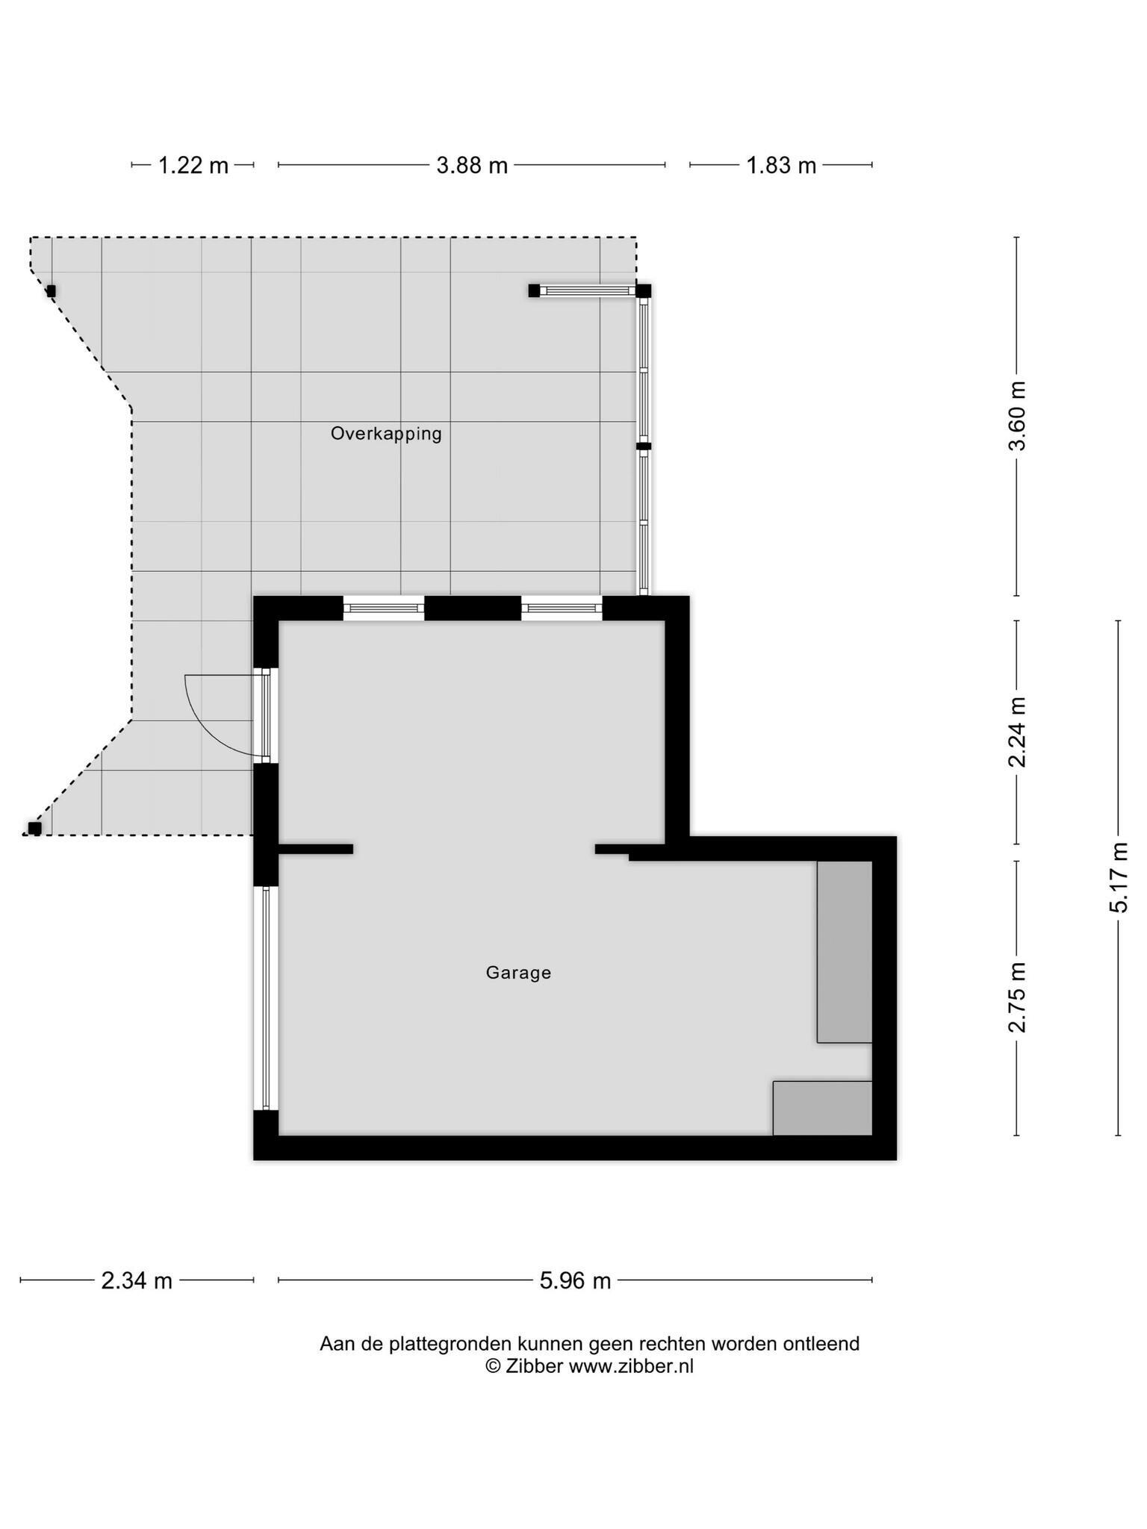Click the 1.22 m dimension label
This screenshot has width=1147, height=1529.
(193, 165)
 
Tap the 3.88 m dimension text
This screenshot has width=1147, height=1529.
(472, 165)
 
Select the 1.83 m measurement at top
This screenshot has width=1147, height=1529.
(781, 165)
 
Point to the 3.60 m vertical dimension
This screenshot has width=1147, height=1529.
(1017, 416)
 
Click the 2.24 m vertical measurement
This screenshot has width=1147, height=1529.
(1017, 732)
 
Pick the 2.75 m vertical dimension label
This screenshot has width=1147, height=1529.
(1017, 997)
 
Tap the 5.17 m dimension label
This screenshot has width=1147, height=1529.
(1119, 877)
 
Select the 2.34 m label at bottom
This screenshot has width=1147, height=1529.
(137, 1281)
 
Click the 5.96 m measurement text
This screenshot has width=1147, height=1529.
(575, 1281)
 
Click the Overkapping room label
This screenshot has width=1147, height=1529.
(386, 434)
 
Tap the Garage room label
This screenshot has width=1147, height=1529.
(518, 973)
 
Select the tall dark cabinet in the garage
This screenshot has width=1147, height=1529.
(845, 952)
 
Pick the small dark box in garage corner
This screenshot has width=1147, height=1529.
(822, 1108)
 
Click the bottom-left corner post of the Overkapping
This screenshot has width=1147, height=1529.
(34, 828)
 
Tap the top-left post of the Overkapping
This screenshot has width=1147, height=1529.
(51, 291)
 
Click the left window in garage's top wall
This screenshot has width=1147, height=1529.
(384, 608)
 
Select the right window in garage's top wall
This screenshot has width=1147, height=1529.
(562, 608)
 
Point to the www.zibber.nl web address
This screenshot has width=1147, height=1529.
(632, 1366)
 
